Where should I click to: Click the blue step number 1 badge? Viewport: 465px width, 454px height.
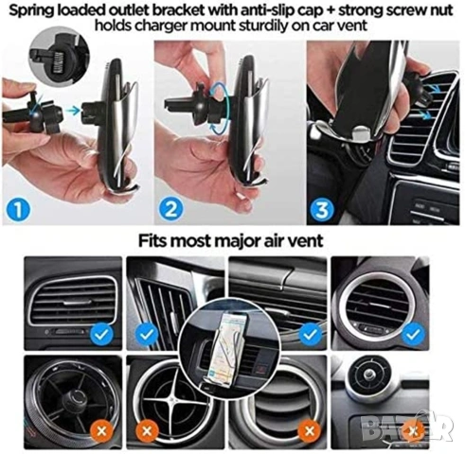click(x=18, y=210)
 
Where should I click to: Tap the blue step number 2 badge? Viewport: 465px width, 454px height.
click(x=170, y=209)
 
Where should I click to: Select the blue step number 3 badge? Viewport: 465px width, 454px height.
click(x=321, y=209)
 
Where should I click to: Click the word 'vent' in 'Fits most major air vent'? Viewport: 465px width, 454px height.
click(x=308, y=241)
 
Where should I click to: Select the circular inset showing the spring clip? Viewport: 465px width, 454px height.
click(x=59, y=61)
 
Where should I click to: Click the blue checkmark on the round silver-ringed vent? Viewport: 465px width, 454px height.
click(x=412, y=335)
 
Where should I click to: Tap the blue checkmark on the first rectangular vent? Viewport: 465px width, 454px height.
click(x=101, y=335)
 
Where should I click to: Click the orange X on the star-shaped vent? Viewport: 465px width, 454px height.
click(x=147, y=431)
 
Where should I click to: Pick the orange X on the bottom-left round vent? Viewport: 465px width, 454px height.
click(x=101, y=431)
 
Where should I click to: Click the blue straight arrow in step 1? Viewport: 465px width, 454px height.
click(x=74, y=110)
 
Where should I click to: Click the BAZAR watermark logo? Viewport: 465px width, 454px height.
click(x=407, y=427)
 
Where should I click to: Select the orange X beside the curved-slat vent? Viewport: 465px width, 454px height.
click(x=310, y=431)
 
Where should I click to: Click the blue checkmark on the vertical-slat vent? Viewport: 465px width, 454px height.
click(x=147, y=335)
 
